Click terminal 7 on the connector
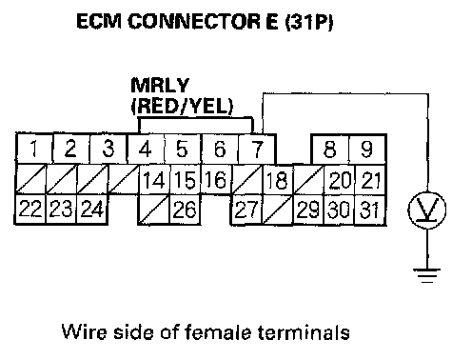click(x=257, y=149)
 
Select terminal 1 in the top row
click(x=34, y=149)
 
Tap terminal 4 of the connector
click(x=146, y=149)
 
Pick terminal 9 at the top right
click(x=367, y=149)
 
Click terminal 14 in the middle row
click(x=154, y=179)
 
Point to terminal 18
click(x=278, y=179)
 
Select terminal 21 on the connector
click(x=370, y=179)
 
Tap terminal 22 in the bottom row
click(x=30, y=210)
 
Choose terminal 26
click(x=185, y=210)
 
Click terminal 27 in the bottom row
click(x=246, y=210)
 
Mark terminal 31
click(x=370, y=210)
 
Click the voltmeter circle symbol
click(x=427, y=210)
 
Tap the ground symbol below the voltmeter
click(x=427, y=275)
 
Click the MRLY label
click(x=160, y=85)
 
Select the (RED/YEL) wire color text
click(x=182, y=107)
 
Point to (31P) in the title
click(x=309, y=22)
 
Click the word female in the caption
click(x=218, y=332)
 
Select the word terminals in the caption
click(x=304, y=332)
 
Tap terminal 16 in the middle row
click(x=216, y=179)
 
